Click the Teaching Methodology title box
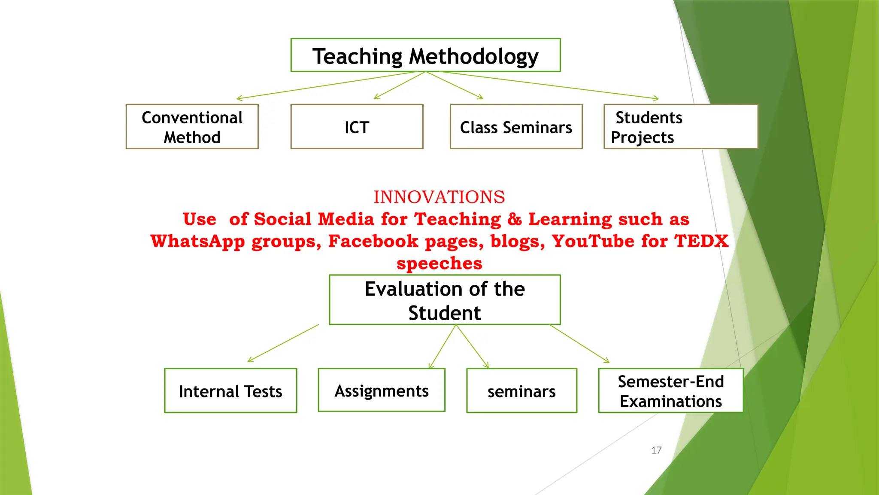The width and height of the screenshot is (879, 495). click(425, 55)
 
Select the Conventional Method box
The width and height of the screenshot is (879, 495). click(192, 127)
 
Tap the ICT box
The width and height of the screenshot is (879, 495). click(357, 127)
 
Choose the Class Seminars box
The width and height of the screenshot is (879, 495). click(516, 127)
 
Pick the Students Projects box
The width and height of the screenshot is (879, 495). click(680, 127)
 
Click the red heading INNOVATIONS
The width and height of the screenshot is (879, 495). click(439, 197)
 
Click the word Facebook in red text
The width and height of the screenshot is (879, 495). click(373, 241)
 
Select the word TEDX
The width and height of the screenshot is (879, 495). click(701, 241)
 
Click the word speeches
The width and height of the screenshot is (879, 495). click(439, 263)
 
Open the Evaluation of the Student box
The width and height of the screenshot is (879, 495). click(445, 300)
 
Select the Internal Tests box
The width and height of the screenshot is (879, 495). click(230, 391)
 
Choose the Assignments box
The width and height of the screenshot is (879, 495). click(382, 390)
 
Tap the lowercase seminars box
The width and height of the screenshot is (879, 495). click(521, 391)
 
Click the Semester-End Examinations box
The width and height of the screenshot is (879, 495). click(670, 391)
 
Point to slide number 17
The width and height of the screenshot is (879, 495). click(656, 450)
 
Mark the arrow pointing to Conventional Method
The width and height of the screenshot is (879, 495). click(326, 85)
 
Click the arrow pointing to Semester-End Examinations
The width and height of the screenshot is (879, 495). click(579, 344)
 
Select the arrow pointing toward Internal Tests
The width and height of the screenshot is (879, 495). click(283, 343)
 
